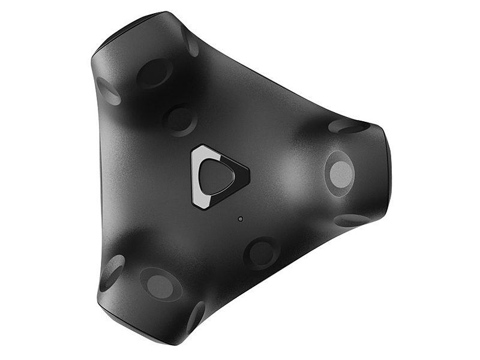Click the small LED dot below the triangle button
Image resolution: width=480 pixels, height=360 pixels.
(x=240, y=218)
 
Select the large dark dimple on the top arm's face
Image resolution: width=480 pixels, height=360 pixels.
(x=154, y=73)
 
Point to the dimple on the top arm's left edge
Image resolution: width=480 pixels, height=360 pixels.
(x=109, y=91)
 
